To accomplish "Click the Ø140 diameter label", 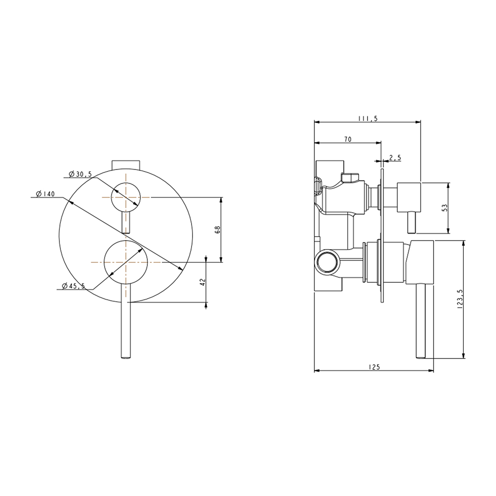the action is pyautogui.click(x=45, y=193).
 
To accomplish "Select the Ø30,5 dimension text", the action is pyautogui.click(x=80, y=174).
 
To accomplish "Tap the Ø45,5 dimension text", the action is pyautogui.click(x=73, y=286).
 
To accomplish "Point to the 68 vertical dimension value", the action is pyautogui.click(x=217, y=230).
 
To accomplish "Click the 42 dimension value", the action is pyautogui.click(x=203, y=282).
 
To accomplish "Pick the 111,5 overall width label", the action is pyautogui.click(x=368, y=119).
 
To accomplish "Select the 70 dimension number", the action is pyautogui.click(x=348, y=139).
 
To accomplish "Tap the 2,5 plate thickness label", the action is pyautogui.click(x=395, y=158).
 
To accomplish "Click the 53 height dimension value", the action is pyautogui.click(x=445, y=208).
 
